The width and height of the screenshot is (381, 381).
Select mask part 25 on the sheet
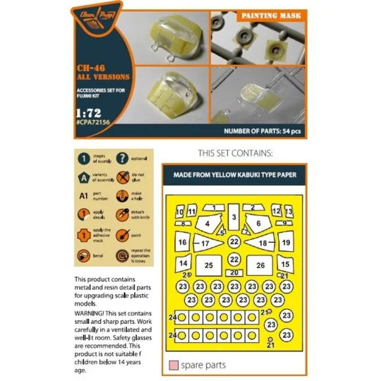pyautogui.click(x=208, y=265)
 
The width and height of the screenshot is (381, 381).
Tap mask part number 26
pyautogui.click(x=260, y=265)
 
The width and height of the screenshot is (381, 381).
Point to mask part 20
pyautogui.click(x=234, y=272)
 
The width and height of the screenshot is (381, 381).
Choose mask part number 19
pyautogui.click(x=286, y=243)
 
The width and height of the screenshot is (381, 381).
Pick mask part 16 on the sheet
pyautogui.click(x=183, y=243)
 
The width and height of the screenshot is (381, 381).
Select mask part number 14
pyautogui.click(x=183, y=263)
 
